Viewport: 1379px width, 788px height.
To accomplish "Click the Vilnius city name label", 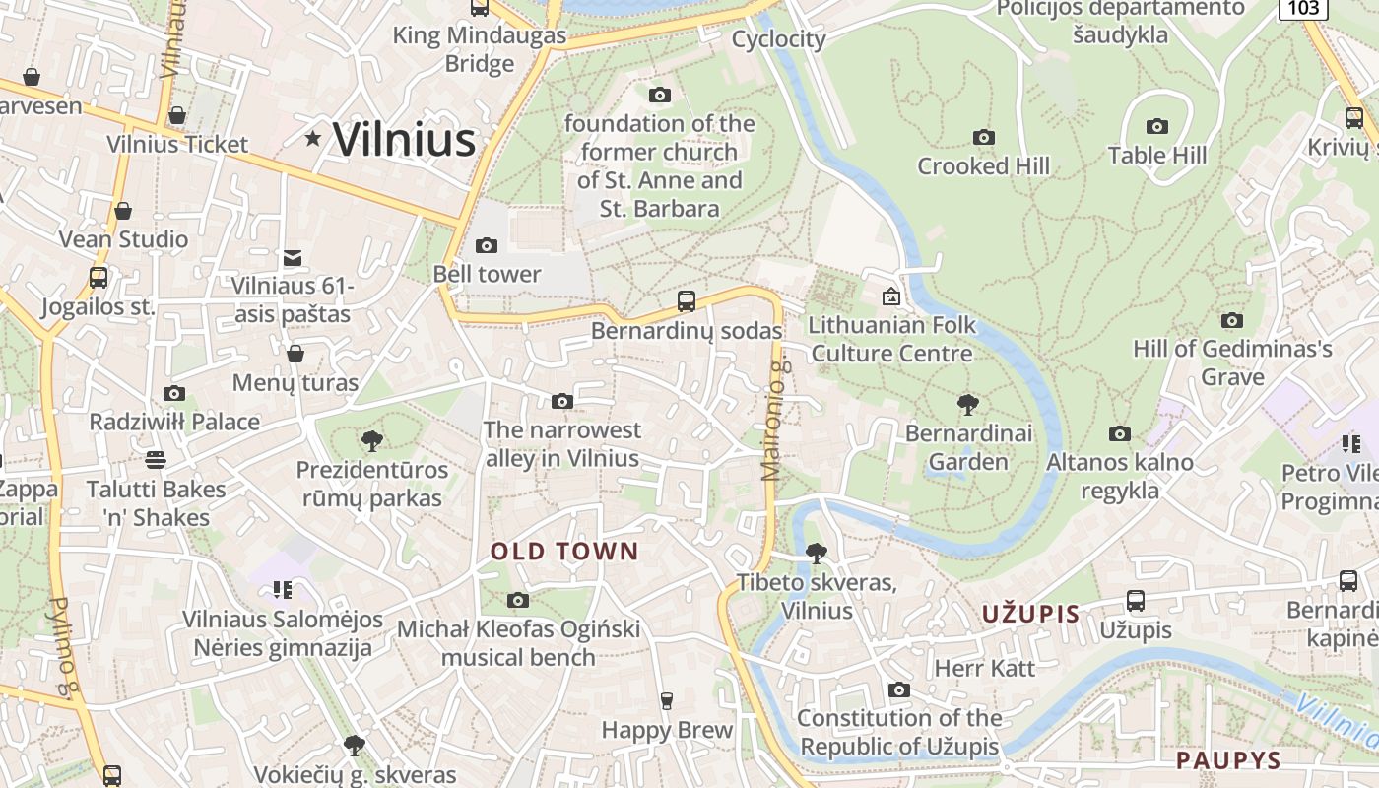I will click(404, 139).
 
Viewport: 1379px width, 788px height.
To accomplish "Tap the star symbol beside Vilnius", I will click(313, 139).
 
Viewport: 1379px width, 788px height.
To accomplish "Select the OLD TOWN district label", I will click(565, 552).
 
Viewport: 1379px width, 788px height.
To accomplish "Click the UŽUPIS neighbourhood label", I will click(1030, 615).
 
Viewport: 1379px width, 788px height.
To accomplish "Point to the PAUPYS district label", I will click(1228, 760).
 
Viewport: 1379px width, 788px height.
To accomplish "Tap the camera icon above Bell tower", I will click(486, 245).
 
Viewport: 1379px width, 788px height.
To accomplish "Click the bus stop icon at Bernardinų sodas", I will click(687, 301).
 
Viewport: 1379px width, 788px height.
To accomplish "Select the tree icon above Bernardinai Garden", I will click(968, 404).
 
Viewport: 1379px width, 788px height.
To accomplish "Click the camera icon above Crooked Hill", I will click(983, 137).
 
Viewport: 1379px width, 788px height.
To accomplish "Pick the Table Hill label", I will click(1156, 156).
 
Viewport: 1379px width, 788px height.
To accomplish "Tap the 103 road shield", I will click(1302, 8).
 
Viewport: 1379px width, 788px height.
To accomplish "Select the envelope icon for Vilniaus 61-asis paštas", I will click(293, 258).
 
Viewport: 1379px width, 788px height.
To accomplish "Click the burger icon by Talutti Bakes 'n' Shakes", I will click(155, 459).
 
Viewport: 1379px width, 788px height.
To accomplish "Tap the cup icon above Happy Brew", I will click(667, 700).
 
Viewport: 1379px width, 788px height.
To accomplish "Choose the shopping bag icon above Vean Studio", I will click(123, 211).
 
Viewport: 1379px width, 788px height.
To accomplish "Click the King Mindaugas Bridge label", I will click(480, 49).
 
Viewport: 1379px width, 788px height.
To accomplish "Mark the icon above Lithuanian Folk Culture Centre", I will click(891, 295).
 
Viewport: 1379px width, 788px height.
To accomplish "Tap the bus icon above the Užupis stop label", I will click(1135, 600).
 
